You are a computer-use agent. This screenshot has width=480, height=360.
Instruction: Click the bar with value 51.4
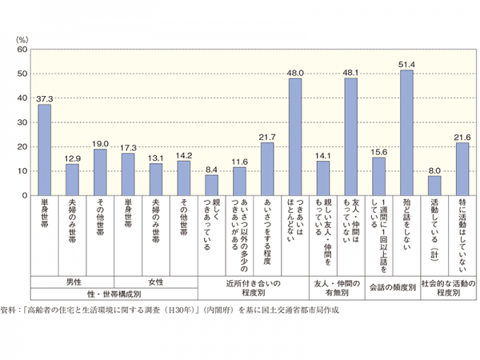pyautogui.click(x=406, y=133)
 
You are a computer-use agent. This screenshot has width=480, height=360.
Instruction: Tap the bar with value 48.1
pyautogui.click(x=350, y=137)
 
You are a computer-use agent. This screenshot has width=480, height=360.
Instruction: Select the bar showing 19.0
pyautogui.click(x=100, y=172)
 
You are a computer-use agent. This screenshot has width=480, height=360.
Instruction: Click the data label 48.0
pyautogui.click(x=295, y=70)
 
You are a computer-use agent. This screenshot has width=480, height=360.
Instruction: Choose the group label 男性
pyautogui.click(x=72, y=282)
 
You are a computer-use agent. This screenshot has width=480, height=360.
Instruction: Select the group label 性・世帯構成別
pyautogui.click(x=114, y=294)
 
